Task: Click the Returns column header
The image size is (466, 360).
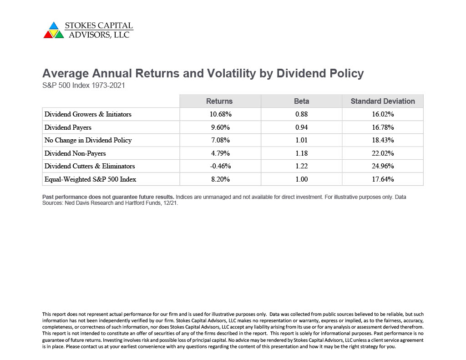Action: [x=219, y=101]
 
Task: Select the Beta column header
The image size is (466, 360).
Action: [x=301, y=101]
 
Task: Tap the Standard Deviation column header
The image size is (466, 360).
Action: [x=382, y=101]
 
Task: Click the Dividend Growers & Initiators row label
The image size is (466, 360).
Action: [x=88, y=114]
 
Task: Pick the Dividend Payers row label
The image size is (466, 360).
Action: [x=68, y=127]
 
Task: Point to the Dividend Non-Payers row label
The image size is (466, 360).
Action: [x=75, y=153]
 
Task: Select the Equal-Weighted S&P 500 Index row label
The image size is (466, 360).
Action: [x=91, y=179]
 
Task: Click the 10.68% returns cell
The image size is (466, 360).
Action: [x=221, y=114]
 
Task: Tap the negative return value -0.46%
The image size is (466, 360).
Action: [x=221, y=166]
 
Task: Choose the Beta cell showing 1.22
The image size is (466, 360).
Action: [x=301, y=166]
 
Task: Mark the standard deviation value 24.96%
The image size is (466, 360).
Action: [x=383, y=166]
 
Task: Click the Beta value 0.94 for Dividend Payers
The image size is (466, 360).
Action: [x=301, y=127]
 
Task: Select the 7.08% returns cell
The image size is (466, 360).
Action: [x=221, y=140]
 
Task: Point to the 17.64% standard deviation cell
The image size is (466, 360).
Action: [x=383, y=179]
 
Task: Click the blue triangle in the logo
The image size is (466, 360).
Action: [x=54, y=26]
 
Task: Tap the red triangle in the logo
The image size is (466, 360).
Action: [x=48, y=35]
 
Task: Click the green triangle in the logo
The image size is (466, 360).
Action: [x=60, y=35]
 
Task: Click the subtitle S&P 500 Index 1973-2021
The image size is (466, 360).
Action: [x=84, y=85]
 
